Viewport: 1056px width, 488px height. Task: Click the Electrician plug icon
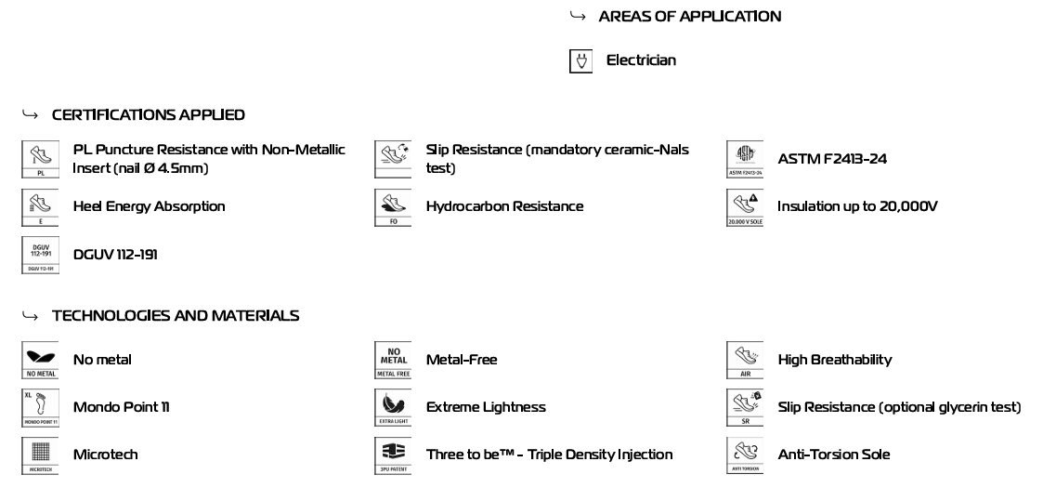pos(580,61)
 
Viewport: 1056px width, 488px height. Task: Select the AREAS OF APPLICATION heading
pos(689,17)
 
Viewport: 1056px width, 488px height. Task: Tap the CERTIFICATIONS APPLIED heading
pos(149,115)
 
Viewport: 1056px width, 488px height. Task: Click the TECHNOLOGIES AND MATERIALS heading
pos(176,316)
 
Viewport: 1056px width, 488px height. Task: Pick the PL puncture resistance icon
pos(40,159)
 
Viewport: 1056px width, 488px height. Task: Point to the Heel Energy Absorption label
pos(149,206)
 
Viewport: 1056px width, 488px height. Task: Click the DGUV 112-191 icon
pos(40,255)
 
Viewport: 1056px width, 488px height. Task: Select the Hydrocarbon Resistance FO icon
pos(392,206)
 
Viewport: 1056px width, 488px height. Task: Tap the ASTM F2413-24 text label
pos(832,159)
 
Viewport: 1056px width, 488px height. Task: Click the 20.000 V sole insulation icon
pos(745,206)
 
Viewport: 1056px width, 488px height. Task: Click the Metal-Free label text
pos(462,360)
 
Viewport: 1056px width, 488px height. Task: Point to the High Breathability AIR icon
pos(745,360)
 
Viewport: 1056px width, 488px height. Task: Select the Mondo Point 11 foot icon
pos(40,407)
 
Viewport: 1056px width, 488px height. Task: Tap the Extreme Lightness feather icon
pos(392,407)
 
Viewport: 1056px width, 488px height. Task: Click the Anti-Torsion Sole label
pos(833,455)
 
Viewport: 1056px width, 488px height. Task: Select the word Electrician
pos(641,60)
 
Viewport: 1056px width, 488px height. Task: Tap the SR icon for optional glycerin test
pos(745,407)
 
